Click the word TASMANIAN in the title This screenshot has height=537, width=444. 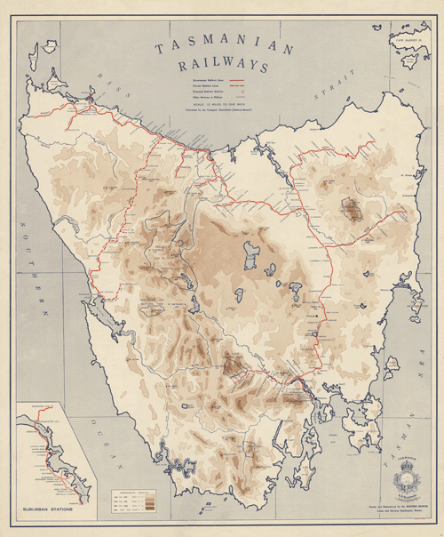[225, 51]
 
